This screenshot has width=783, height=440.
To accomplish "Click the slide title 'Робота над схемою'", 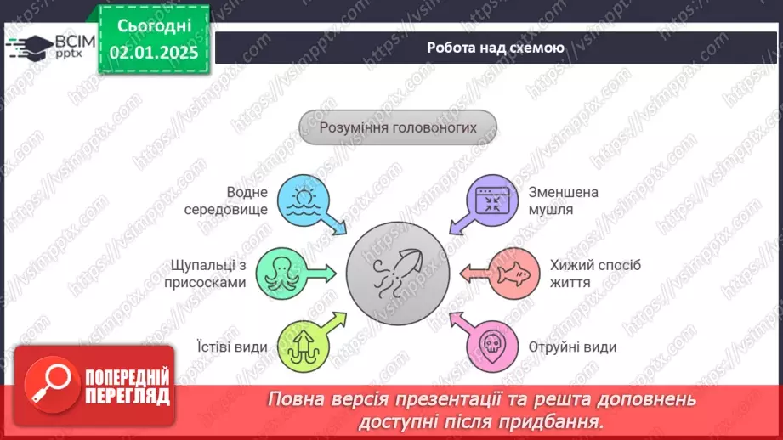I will [x=495, y=48].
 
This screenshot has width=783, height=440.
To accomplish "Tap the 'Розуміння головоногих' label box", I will [x=397, y=128].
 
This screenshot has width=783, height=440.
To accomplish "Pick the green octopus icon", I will [x=281, y=272].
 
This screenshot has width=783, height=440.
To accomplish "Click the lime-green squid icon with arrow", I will [x=303, y=344].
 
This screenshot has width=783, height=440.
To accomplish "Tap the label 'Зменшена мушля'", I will [x=562, y=200].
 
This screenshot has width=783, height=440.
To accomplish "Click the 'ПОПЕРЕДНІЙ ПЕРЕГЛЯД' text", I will [x=128, y=386].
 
